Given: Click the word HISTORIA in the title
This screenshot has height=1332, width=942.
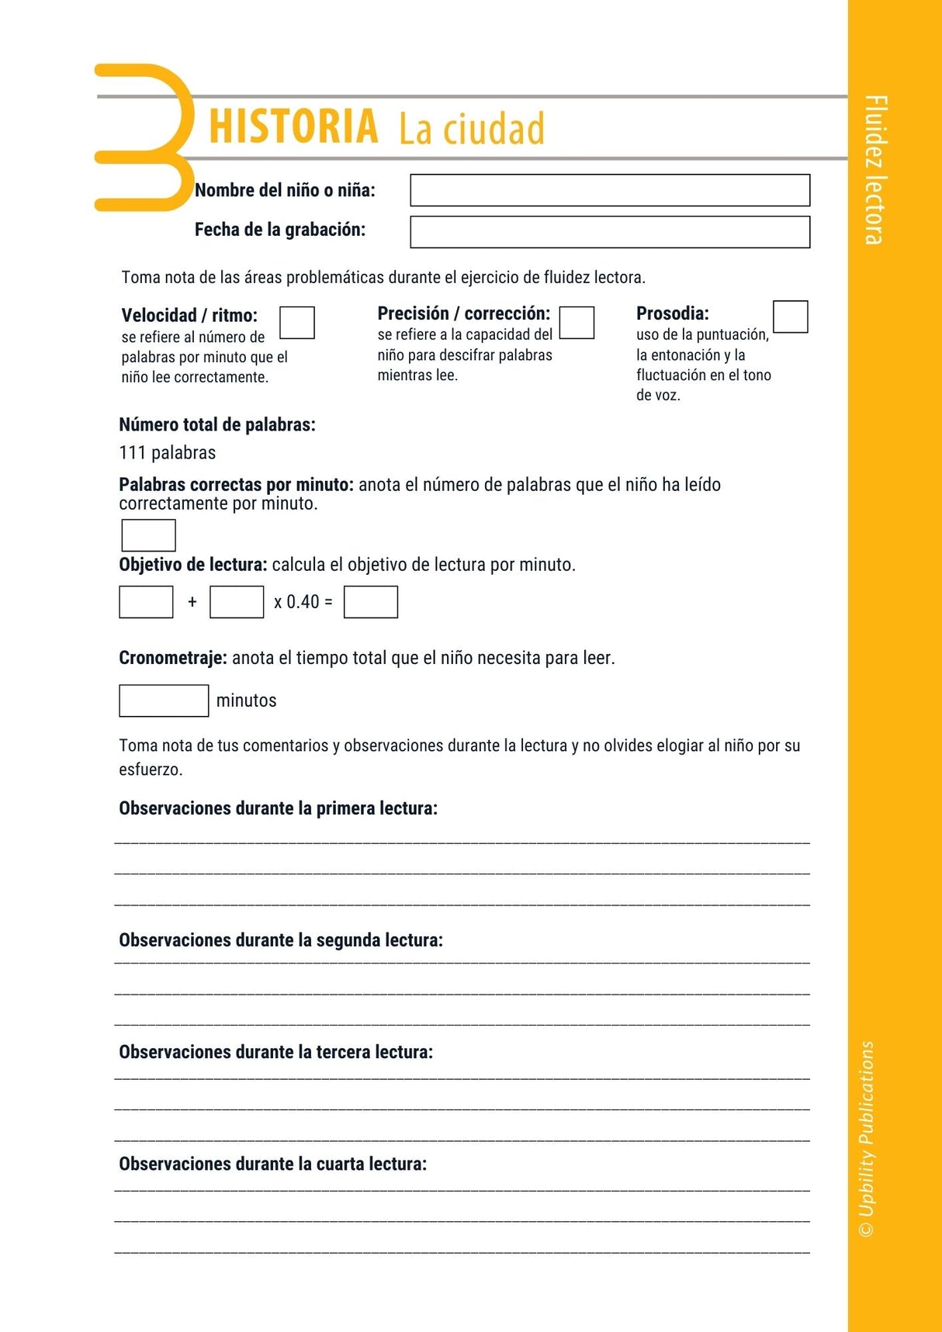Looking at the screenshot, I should pyautogui.click(x=293, y=126).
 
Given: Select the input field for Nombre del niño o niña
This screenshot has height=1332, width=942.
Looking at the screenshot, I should pyautogui.click(x=609, y=190).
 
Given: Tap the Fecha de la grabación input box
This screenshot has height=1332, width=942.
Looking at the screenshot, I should pyautogui.click(x=609, y=232).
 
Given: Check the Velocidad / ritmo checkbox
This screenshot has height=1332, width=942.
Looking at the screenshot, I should pyautogui.click(x=296, y=323).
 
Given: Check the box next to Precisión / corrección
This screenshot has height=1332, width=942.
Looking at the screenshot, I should pyautogui.click(x=577, y=323).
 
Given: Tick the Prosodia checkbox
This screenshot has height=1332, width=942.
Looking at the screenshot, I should pyautogui.click(x=790, y=317).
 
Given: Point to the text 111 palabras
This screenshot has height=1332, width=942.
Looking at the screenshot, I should pyautogui.click(x=168, y=453).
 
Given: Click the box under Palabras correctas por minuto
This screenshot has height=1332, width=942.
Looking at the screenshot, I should pyautogui.click(x=148, y=535).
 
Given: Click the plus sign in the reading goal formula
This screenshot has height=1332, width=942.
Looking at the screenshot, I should pyautogui.click(x=192, y=602).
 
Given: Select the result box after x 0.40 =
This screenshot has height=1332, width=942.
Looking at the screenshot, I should pyautogui.click(x=370, y=602).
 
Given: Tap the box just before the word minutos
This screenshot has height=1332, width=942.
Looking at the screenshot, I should pyautogui.click(x=164, y=701).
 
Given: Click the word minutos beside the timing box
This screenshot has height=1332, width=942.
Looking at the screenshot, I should pyautogui.click(x=246, y=701).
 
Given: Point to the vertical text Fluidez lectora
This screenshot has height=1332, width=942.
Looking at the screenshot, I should pyautogui.click(x=875, y=170).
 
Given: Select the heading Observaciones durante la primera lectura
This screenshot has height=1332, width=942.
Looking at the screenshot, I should pyautogui.click(x=278, y=808).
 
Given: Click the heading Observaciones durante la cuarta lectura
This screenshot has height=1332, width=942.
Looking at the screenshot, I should pyautogui.click(x=272, y=1164).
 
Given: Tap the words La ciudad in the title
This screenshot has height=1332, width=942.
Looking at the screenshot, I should pyautogui.click(x=472, y=129).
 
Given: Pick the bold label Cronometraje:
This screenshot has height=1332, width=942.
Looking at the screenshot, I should pyautogui.click(x=173, y=658).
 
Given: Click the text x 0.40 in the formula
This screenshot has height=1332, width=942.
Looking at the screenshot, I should pyautogui.click(x=296, y=602).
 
